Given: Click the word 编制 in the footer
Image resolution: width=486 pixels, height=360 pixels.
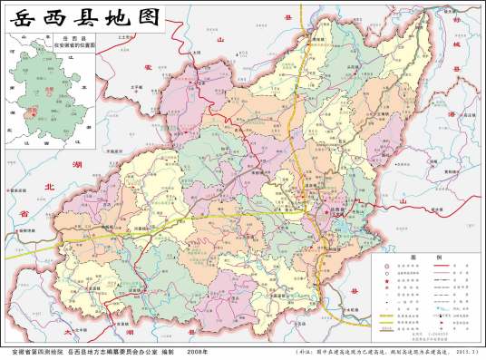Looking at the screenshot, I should pyautogui.click(x=171, y=350).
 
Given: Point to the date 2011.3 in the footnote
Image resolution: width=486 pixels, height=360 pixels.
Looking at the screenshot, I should pyautogui.click(x=460, y=351).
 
